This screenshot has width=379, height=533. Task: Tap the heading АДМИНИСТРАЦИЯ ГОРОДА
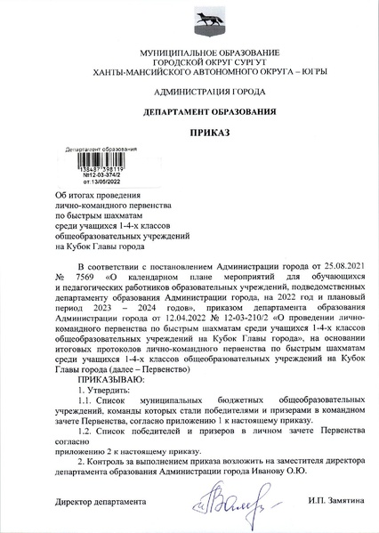189,93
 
